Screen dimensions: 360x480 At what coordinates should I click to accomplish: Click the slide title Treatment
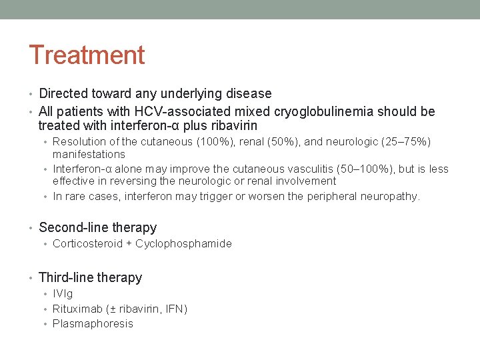click(87, 55)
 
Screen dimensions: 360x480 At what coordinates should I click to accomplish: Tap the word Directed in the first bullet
click(65, 93)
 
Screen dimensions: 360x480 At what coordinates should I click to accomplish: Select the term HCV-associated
click(167, 111)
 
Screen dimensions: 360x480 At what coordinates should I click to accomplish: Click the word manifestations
click(89, 154)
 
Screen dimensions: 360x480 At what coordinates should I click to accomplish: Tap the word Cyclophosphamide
click(183, 243)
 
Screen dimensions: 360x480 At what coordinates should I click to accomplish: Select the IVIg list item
click(63, 293)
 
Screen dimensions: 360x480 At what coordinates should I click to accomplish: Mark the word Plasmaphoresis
click(93, 323)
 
